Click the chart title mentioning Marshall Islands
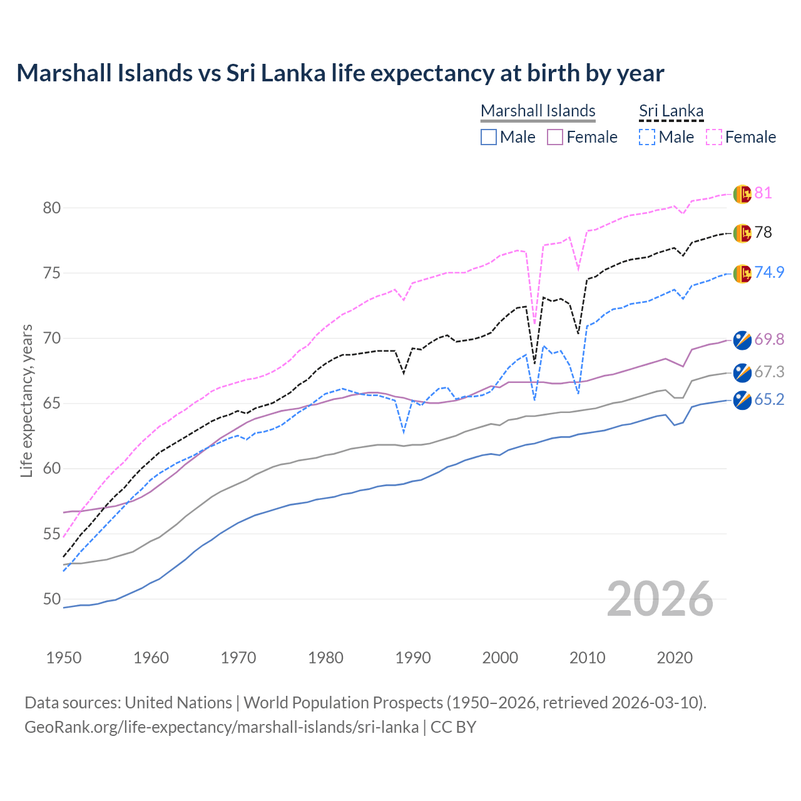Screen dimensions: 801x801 point(340,73)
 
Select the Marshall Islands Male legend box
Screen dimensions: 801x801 point(489,137)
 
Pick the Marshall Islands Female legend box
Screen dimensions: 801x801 point(555,137)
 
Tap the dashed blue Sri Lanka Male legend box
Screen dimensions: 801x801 point(647,137)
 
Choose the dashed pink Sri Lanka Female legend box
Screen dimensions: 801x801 point(713,137)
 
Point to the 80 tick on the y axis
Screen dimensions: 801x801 point(52,208)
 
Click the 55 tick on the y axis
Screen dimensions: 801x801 point(52,534)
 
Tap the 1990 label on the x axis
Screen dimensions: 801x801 point(413,658)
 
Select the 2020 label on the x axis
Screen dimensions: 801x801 point(675,658)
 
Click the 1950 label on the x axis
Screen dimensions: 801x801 point(64,658)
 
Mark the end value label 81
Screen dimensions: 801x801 point(763,193)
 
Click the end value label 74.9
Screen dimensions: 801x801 point(769,273)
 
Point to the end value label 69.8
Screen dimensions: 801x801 point(769,340)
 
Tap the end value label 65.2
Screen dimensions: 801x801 point(769,400)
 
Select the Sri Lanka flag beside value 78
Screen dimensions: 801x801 point(742,233)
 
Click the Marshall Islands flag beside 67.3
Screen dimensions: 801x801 point(742,372)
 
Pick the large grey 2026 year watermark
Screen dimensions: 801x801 point(660,599)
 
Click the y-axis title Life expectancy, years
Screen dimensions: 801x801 point(27,400)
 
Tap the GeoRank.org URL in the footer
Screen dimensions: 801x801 point(222,727)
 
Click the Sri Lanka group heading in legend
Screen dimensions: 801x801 point(671,111)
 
